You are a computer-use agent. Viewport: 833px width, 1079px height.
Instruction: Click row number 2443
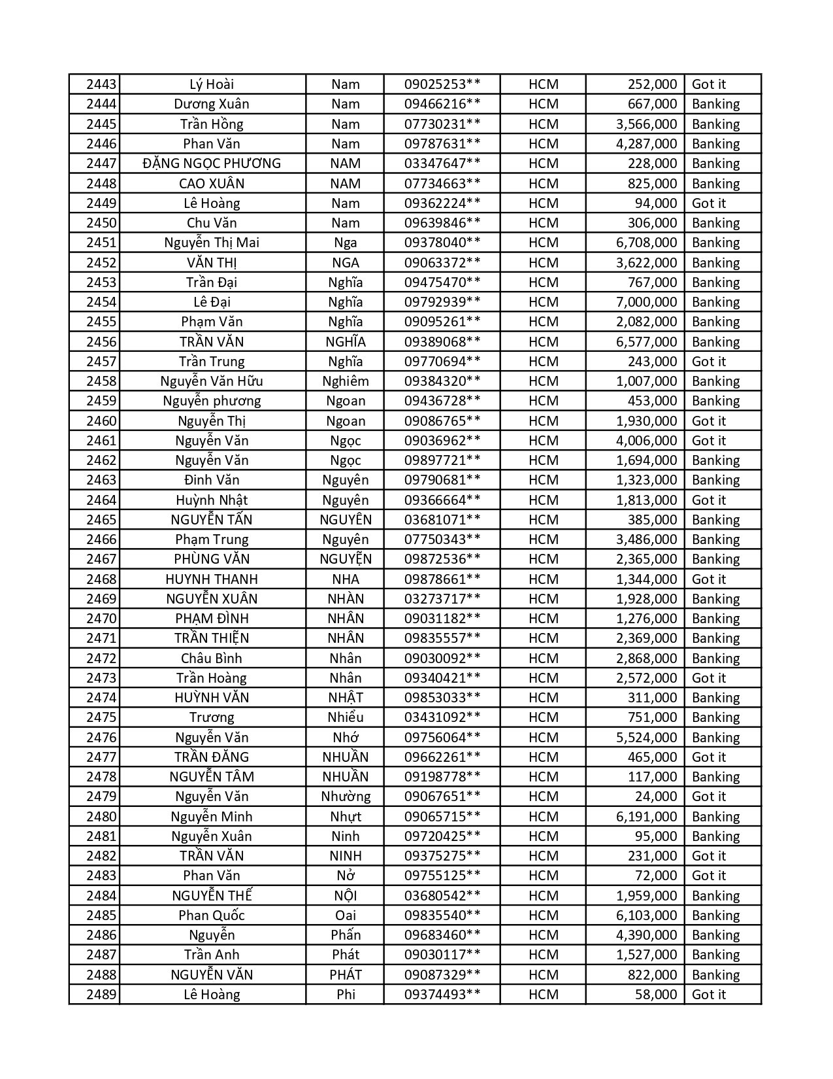tap(101, 84)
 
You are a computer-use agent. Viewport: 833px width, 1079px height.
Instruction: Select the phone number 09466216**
tap(442, 104)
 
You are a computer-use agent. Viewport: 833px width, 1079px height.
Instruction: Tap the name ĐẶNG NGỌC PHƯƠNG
tap(212, 163)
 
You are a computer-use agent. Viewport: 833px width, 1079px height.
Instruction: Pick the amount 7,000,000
tap(646, 302)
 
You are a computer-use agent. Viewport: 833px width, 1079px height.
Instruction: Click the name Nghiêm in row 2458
tap(345, 381)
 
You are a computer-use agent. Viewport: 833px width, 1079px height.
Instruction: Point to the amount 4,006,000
tap(646, 441)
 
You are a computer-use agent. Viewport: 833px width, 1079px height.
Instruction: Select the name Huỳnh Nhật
tap(212, 500)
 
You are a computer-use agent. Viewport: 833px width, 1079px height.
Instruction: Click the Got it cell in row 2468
tap(708, 579)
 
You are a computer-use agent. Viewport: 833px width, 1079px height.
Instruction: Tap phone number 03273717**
tap(442, 599)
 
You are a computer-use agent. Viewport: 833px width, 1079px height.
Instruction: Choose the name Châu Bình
tap(212, 659)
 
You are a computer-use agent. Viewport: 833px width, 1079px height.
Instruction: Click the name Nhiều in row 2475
tap(345, 717)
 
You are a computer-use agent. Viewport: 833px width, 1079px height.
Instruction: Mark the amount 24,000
tap(656, 796)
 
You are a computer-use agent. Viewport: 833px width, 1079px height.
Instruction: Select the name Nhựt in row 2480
tap(345, 817)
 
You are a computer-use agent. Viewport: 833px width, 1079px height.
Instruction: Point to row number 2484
tap(101, 896)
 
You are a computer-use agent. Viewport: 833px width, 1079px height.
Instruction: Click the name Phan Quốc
tap(212, 916)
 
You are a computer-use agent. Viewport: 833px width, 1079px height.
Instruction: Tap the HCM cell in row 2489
tap(543, 995)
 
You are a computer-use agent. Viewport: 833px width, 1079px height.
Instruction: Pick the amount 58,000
tap(656, 995)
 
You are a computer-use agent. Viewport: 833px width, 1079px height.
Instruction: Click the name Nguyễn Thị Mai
tap(212, 243)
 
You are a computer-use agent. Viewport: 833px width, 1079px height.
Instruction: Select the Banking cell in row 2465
tap(715, 520)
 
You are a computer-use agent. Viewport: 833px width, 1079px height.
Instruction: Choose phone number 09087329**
tap(442, 975)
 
